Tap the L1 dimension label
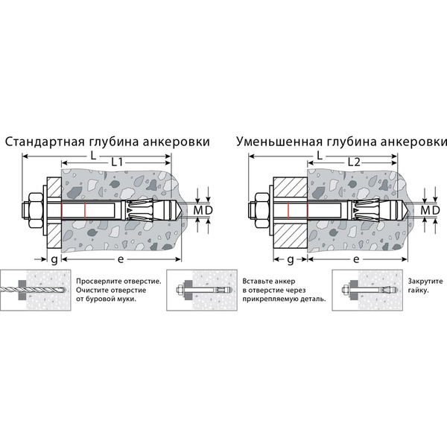click(x=118, y=162)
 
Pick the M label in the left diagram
click(x=197, y=211)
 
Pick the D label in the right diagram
click(x=434, y=211)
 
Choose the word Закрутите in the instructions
click(x=424, y=282)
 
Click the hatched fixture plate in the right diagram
click(x=289, y=212)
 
